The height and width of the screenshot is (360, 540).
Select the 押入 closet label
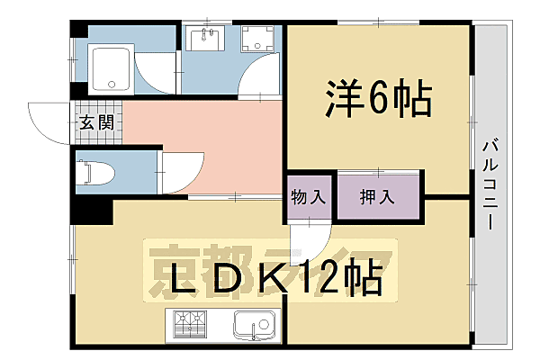(x=376, y=195)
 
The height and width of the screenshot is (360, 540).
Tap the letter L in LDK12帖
(x=165, y=281)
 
